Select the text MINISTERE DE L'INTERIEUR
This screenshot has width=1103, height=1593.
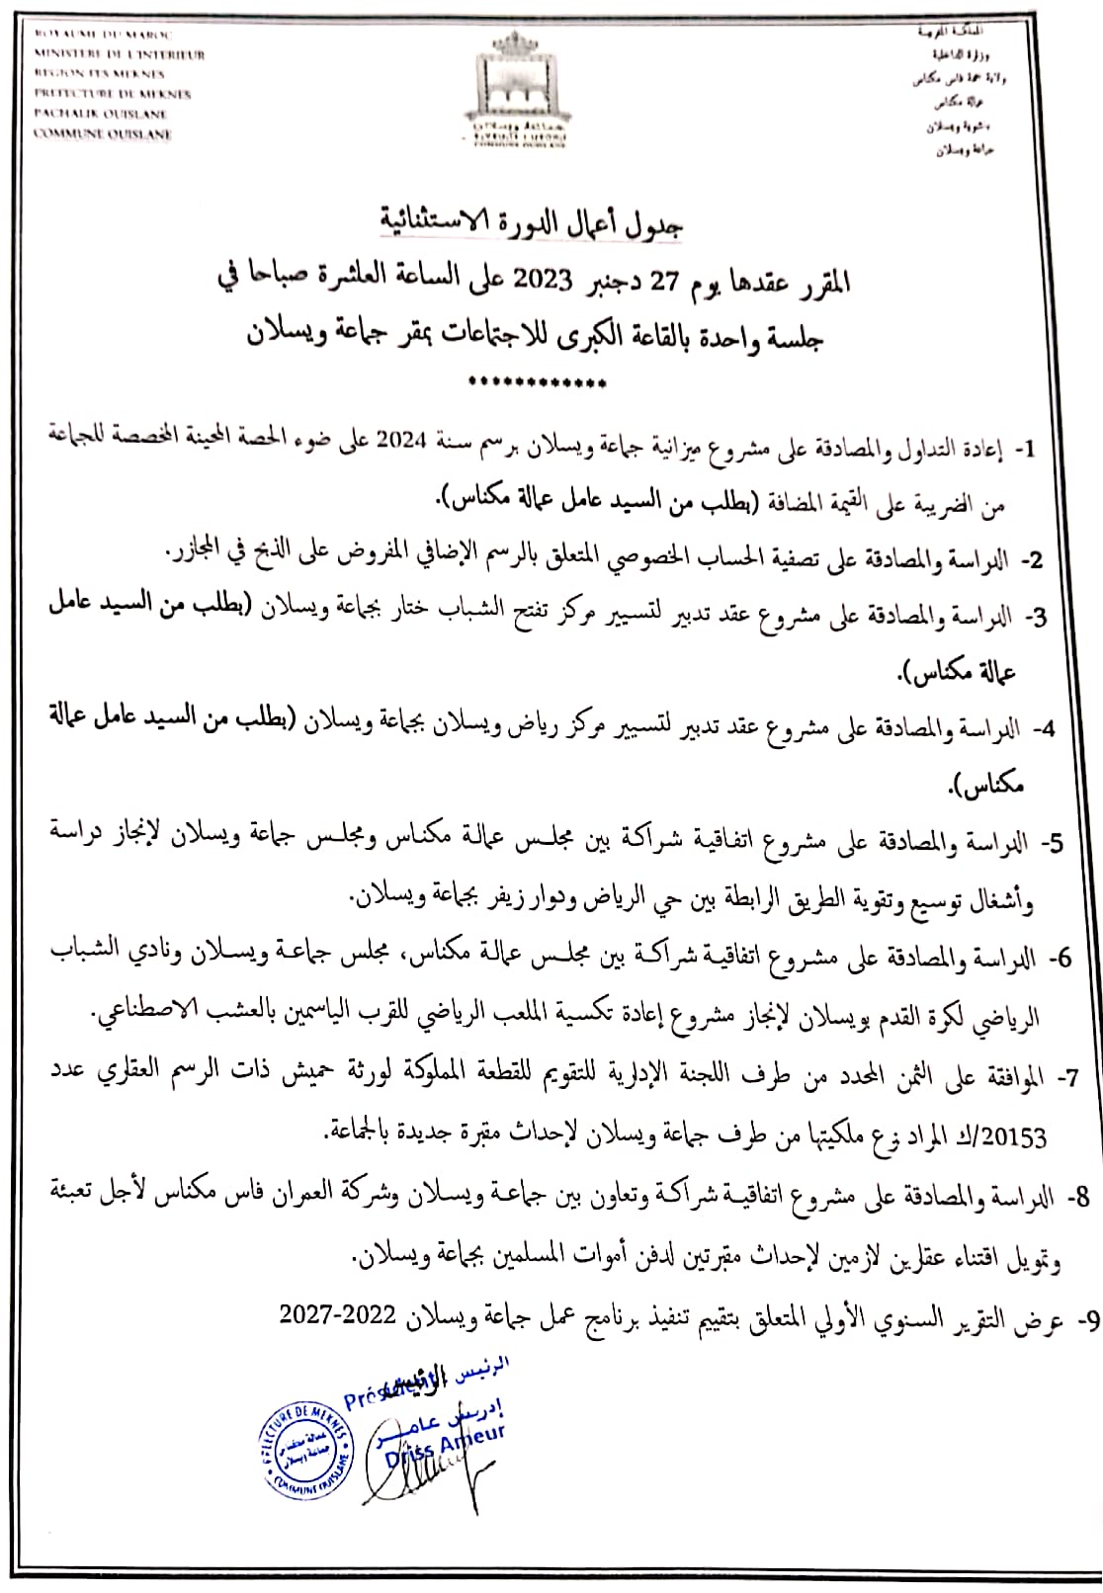tap(119, 53)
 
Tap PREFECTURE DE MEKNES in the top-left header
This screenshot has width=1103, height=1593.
tap(112, 94)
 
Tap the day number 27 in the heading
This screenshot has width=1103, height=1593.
tap(658, 282)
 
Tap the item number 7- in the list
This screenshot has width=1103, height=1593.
tap(1065, 1078)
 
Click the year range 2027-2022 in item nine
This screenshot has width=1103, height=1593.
tap(338, 1313)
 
